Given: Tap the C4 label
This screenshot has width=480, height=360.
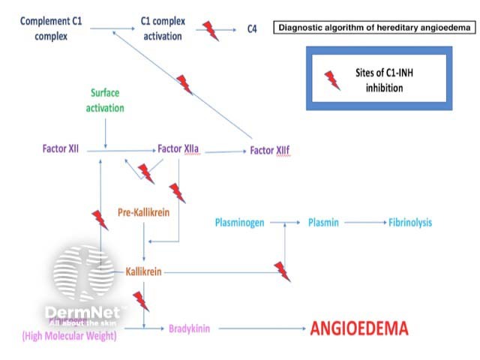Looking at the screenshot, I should click(x=253, y=29).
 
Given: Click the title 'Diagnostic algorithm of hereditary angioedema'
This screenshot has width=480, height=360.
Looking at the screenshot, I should click(x=375, y=28).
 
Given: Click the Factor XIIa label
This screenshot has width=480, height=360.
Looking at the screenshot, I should click(x=178, y=149).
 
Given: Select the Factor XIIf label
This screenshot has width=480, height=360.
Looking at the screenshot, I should click(x=269, y=150).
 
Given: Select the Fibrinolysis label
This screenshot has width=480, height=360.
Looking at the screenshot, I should click(x=409, y=223).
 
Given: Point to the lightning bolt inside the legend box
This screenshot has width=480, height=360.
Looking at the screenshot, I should click(x=331, y=79).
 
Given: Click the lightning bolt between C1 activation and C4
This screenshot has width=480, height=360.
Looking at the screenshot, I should click(x=211, y=31).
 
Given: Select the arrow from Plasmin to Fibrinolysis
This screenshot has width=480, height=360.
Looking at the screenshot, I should click(x=363, y=223).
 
